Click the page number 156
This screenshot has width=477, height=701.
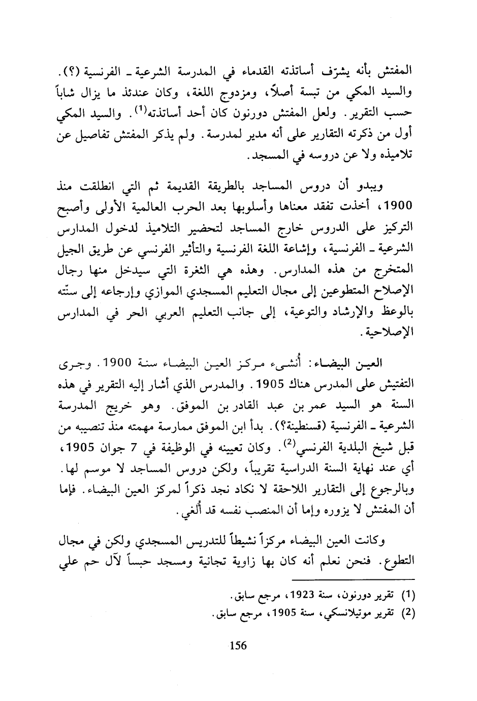coord(238,646)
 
